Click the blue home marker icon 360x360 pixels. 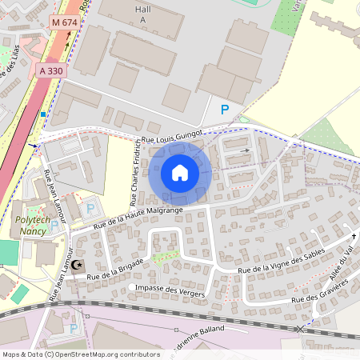180,173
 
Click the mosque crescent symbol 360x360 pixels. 78,265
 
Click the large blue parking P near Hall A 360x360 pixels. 225,110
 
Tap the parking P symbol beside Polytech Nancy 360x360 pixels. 90,208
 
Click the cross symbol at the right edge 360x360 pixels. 353,237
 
